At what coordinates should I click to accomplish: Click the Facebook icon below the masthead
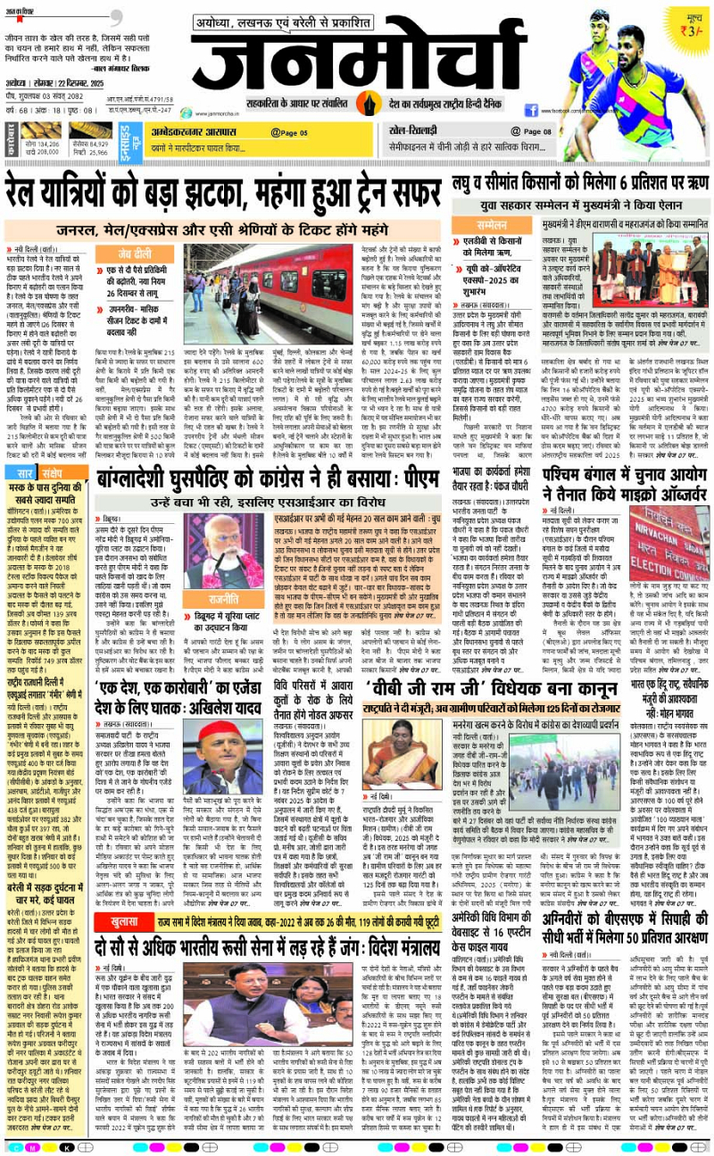pyautogui.click(x=531, y=110)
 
